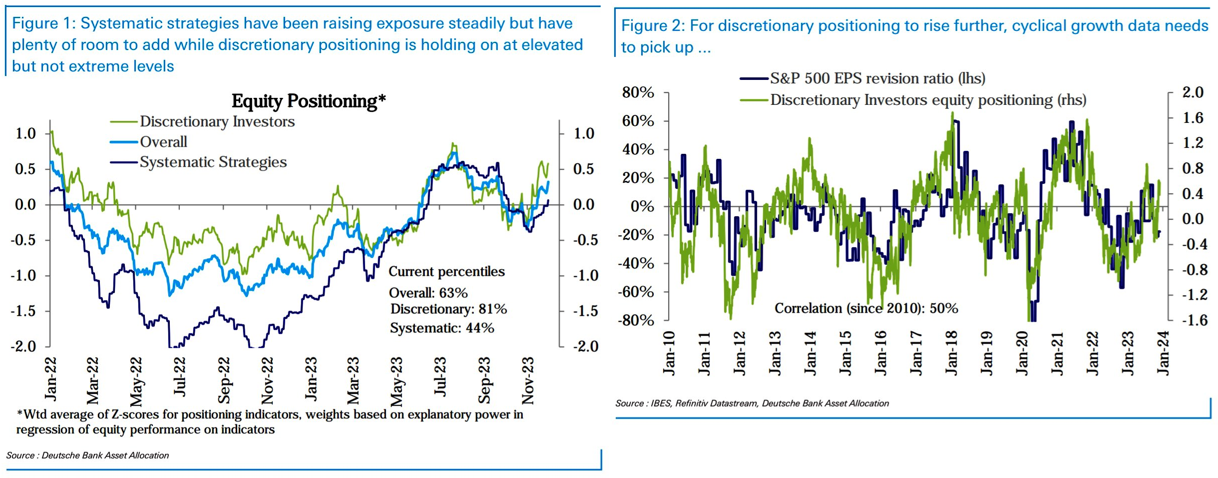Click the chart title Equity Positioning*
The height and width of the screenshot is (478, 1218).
308,101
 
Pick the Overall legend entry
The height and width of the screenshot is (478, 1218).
163,142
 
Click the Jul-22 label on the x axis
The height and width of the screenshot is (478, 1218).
179,377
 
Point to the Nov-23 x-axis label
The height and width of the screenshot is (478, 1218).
527,380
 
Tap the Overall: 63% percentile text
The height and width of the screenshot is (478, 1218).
428,293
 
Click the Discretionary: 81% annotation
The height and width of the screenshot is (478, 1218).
448,309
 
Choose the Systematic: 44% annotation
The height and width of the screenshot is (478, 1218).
442,328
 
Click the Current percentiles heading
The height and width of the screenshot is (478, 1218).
446,272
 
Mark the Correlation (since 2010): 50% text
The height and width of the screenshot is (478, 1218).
866,308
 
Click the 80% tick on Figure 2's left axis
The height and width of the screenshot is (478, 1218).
638,92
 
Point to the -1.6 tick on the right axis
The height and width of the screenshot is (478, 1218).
1195,320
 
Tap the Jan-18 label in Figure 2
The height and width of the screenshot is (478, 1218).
951,353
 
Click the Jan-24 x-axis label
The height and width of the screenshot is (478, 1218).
1163,353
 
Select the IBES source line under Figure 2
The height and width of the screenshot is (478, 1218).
752,403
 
